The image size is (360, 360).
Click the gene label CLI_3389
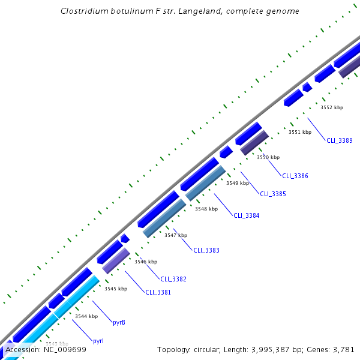click(339, 140)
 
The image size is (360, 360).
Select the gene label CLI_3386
click(295, 176)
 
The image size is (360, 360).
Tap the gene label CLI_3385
click(273, 194)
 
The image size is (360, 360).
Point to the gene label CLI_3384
click(247, 215)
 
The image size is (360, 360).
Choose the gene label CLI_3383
click(206, 250)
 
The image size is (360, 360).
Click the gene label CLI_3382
click(173, 279)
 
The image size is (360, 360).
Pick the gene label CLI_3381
click(158, 292)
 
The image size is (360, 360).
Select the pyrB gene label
click(119, 322)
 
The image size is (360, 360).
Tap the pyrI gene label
click(98, 341)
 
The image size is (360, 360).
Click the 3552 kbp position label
click(332, 107)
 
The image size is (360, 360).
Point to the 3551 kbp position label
click(300, 132)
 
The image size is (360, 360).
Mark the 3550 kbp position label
click(268, 157)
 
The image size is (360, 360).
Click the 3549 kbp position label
click(237, 183)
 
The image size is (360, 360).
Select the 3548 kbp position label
click(206, 209)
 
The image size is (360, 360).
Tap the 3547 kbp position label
click(176, 235)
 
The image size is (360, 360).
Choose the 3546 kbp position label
click(146, 262)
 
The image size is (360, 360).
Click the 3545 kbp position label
click(116, 289)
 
